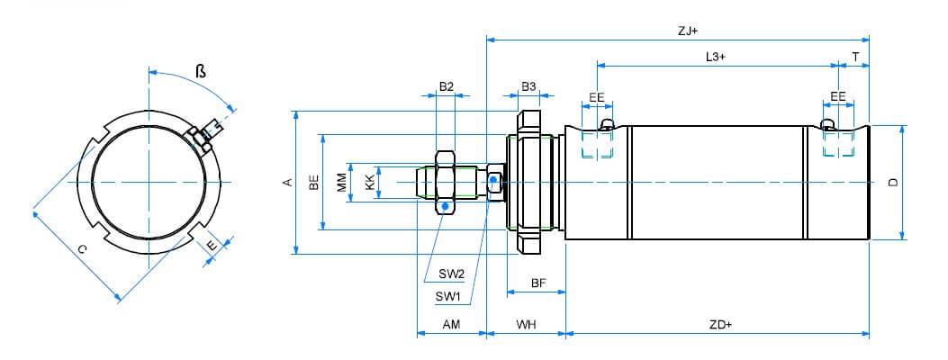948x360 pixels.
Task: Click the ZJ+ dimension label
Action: tap(688, 31)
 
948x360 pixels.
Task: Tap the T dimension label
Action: tap(855, 57)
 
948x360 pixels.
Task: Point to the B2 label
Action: tap(447, 87)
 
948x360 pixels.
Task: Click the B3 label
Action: tap(528, 87)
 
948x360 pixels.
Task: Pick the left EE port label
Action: tap(597, 97)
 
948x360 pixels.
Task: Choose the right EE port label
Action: tap(838, 97)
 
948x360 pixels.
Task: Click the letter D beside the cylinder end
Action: tap(894, 183)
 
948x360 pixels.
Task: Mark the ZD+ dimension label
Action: tap(720, 324)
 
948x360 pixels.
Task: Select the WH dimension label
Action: tap(526, 324)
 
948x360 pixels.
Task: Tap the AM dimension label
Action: tap(451, 324)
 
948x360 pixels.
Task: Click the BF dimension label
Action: tap(538, 283)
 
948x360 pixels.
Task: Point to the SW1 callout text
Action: tap(448, 297)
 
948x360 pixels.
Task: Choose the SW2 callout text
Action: tap(452, 274)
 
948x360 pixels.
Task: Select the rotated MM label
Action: tap(342, 183)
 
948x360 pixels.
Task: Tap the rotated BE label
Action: tap(313, 183)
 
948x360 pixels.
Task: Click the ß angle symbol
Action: tap(201, 71)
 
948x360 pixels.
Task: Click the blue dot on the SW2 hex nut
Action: tap(447, 207)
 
